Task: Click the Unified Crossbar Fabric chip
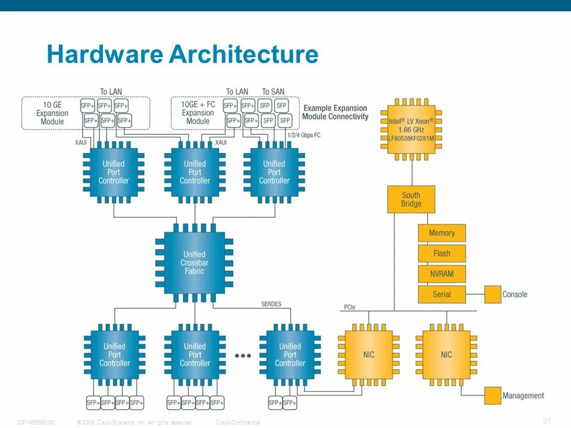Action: pyautogui.click(x=194, y=262)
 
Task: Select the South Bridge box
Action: pyautogui.click(x=411, y=199)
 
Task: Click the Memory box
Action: pyautogui.click(x=441, y=233)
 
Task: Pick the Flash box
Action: pyautogui.click(x=441, y=253)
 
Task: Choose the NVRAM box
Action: pyautogui.click(x=441, y=273)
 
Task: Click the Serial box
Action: pyautogui.click(x=441, y=294)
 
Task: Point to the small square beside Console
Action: pyautogui.click(x=492, y=294)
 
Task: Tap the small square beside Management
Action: pyautogui.click(x=492, y=395)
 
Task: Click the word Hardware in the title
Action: pyautogui.click(x=104, y=55)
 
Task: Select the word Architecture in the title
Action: pyautogui.click(x=244, y=55)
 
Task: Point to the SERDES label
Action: pyautogui.click(x=271, y=304)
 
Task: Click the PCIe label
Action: pyautogui.click(x=350, y=307)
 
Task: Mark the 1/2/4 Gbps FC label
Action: pyautogui.click(x=304, y=135)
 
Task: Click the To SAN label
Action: pyautogui.click(x=273, y=92)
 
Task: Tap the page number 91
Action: pyautogui.click(x=547, y=421)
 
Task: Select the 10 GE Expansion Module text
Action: pyautogui.click(x=52, y=113)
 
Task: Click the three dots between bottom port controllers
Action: pyautogui.click(x=243, y=355)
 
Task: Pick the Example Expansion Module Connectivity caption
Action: pyautogui.click(x=335, y=112)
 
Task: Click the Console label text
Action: pyautogui.click(x=515, y=294)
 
